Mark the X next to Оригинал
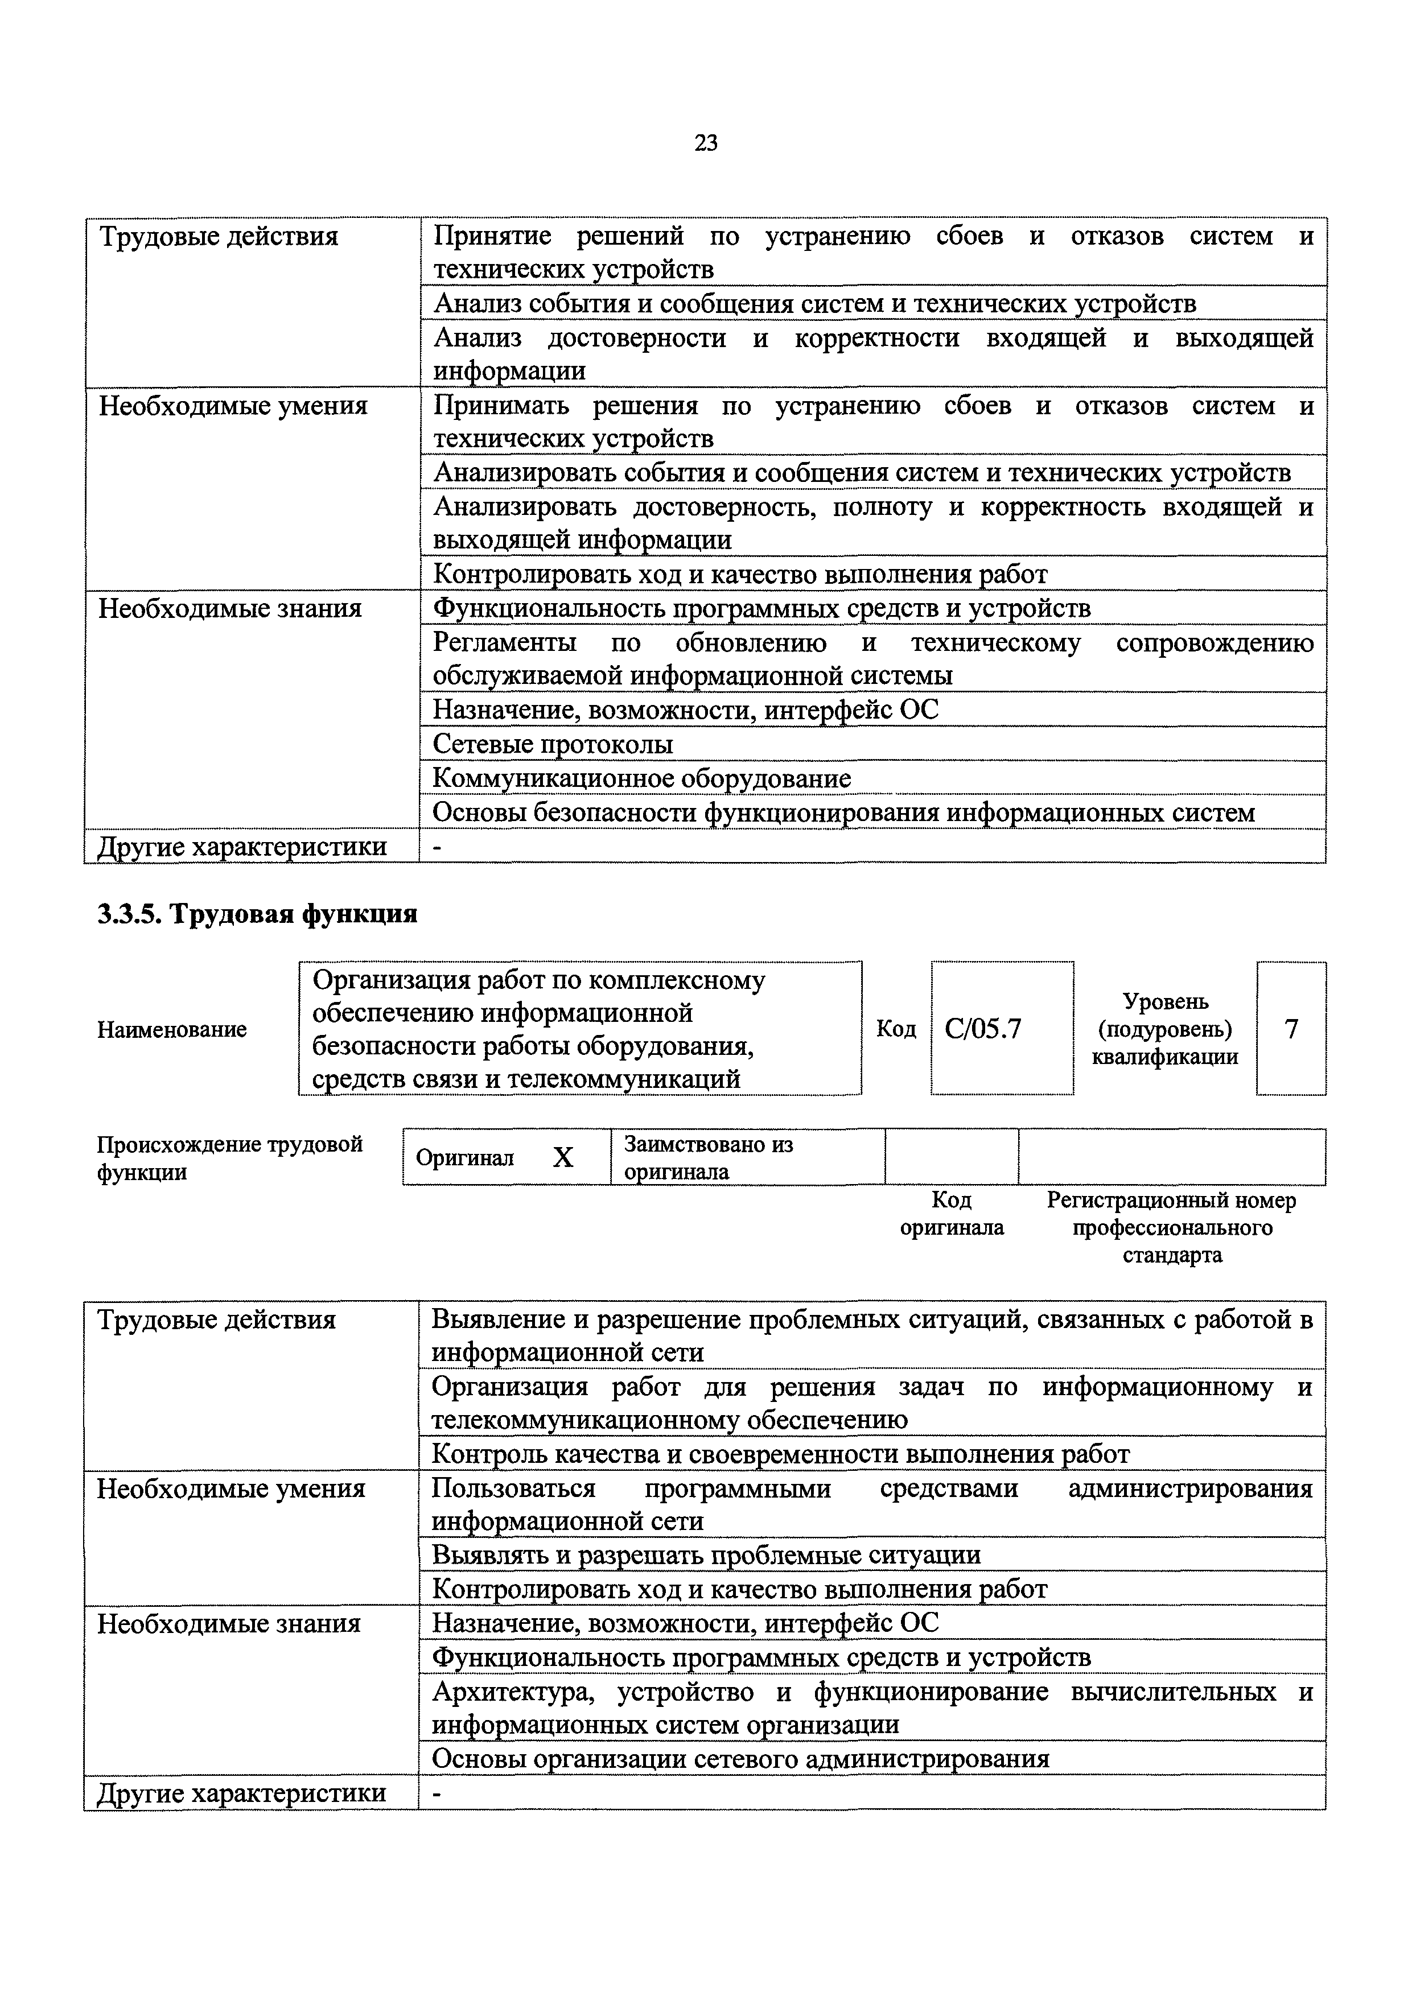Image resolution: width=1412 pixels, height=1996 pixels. point(563,1158)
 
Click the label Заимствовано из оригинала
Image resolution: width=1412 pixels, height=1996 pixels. point(709,1158)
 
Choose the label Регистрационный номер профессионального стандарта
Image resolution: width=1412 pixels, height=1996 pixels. point(1171,1227)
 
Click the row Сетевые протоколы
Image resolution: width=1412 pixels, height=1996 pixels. point(553,745)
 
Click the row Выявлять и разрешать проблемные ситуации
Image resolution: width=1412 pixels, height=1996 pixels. point(706,1555)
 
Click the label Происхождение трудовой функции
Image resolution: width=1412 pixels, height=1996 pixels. point(229,1158)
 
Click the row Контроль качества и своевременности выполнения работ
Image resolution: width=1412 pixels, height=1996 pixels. point(780,1454)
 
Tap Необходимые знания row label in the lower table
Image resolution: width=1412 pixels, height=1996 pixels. point(229,1624)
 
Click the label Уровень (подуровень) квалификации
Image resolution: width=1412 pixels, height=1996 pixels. point(1165,1029)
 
